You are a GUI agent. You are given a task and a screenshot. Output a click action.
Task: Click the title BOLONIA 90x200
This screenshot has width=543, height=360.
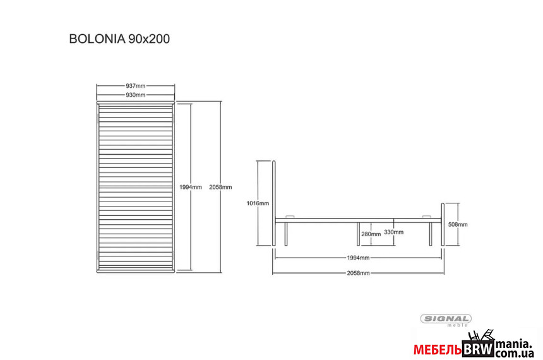tap(119, 39)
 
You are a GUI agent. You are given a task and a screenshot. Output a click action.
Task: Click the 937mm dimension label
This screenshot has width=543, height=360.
tap(135, 86)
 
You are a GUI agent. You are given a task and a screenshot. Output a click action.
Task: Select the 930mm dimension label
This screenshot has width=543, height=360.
tap(135, 95)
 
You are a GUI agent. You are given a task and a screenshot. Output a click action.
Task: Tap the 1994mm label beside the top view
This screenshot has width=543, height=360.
tap(191, 187)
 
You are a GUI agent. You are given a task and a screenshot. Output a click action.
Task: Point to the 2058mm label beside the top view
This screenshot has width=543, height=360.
tap(220, 187)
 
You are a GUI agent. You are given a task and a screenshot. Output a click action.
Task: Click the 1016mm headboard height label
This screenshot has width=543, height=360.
tap(258, 203)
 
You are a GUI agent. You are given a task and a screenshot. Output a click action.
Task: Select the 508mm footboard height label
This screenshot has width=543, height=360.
tap(458, 224)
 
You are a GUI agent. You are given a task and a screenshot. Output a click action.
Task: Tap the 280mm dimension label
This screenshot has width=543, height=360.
tap(371, 234)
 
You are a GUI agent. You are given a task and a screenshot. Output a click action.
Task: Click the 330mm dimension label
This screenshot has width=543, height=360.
tap(394, 232)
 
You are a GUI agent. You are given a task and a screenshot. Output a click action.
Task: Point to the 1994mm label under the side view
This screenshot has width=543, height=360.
tap(358, 258)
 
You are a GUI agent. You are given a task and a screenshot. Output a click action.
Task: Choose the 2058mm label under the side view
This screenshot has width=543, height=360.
tap(358, 273)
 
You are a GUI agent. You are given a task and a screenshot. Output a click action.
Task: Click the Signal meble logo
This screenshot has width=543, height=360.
tap(446, 320)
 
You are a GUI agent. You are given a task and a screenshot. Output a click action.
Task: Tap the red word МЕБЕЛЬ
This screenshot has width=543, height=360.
tap(438, 351)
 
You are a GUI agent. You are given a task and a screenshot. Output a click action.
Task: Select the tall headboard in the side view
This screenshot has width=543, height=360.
tap(274, 203)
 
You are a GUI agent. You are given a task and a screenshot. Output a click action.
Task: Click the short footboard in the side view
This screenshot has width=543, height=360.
tap(443, 224)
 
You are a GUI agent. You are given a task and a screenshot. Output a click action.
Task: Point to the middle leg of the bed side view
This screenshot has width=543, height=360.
tap(359, 234)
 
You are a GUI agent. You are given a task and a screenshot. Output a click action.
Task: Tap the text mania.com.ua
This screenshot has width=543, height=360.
tap(514, 349)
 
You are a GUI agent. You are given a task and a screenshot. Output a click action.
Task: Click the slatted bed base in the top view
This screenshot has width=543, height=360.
tap(135, 187)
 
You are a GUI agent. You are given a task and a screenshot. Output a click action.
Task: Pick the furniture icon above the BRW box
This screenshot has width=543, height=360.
tap(480, 336)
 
